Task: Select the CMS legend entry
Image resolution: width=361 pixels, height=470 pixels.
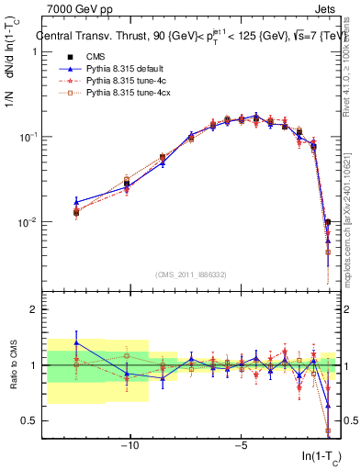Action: (x=94, y=58)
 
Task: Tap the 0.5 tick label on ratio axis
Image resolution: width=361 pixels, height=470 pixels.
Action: (x=28, y=420)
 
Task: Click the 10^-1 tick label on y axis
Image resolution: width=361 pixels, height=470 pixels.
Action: (x=27, y=137)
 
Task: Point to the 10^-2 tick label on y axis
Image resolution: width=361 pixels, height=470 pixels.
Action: (x=27, y=222)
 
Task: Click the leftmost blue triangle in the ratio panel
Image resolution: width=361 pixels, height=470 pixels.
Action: (x=76, y=342)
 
